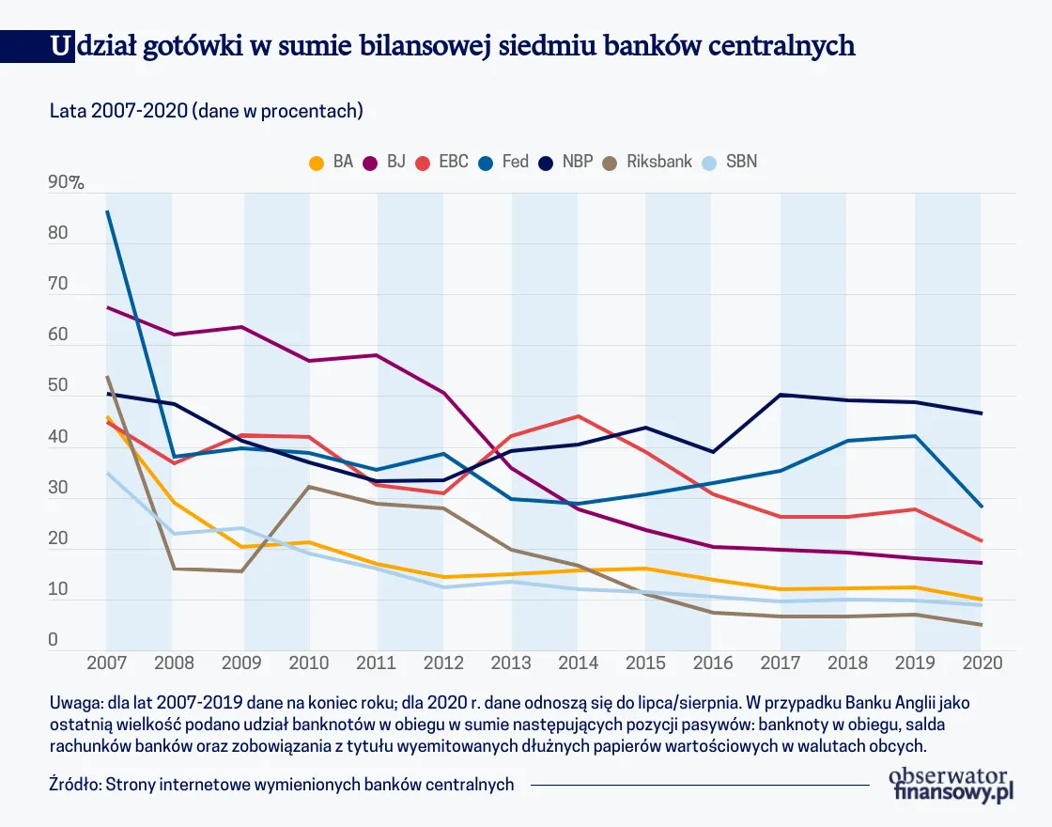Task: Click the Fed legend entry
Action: [x=504, y=162]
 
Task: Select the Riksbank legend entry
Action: [x=647, y=162]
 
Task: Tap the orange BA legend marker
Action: [x=317, y=163]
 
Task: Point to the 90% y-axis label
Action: [x=66, y=183]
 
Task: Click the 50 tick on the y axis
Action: [x=58, y=386]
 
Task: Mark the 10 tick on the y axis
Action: [x=58, y=589]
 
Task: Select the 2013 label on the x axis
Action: [x=510, y=663]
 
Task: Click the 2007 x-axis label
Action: [x=106, y=663]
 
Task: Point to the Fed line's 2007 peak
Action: [x=107, y=211]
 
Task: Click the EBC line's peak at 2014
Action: [x=577, y=415]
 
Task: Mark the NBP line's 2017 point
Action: [x=780, y=395]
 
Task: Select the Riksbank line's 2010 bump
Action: [x=308, y=486]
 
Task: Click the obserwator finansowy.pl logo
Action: [x=951, y=783]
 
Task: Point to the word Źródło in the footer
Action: [x=76, y=785]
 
